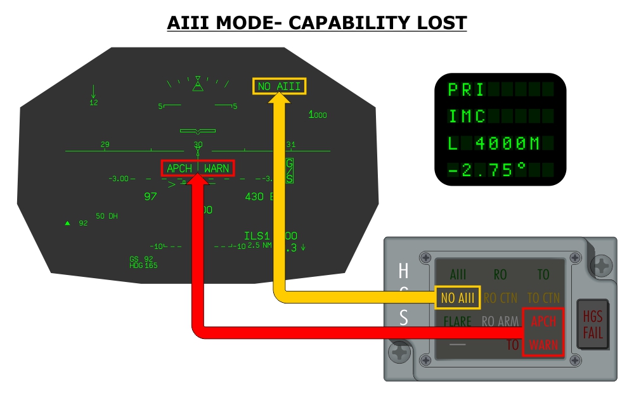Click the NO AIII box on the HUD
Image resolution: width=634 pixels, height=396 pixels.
(280, 86)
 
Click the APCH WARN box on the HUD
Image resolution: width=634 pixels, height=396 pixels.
(198, 169)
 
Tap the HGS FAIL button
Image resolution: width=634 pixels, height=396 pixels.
(593, 324)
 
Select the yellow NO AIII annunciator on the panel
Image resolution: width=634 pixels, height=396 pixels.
(458, 298)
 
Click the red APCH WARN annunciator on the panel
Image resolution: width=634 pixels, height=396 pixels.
(543, 333)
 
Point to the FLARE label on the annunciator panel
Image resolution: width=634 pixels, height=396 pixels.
(457, 322)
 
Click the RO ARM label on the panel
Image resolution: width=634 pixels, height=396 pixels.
(500, 322)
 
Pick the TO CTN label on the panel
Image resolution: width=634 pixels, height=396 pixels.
(543, 298)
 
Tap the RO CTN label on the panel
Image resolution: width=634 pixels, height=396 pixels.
(500, 298)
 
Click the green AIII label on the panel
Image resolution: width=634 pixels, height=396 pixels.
(457, 275)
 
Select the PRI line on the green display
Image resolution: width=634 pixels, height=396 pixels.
(469, 89)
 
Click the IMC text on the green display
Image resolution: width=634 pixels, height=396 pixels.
(468, 117)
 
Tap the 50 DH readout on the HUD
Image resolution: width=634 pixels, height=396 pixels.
(107, 217)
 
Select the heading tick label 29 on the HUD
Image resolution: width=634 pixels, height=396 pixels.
(105, 144)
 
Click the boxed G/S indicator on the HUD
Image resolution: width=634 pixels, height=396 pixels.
(289, 170)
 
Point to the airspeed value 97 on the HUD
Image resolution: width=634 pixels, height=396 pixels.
(150, 196)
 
